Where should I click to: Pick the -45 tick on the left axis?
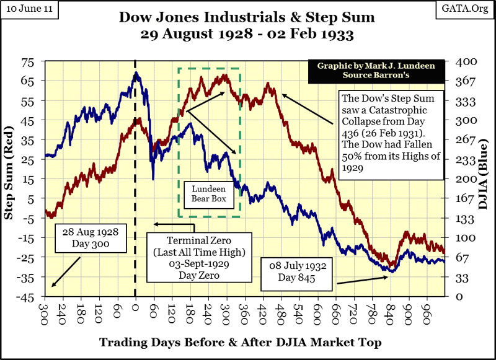click(x=29, y=297)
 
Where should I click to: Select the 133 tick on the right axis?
click(x=466, y=218)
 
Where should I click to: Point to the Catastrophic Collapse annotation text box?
click(x=390, y=133)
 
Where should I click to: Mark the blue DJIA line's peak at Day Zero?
click(x=136, y=73)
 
